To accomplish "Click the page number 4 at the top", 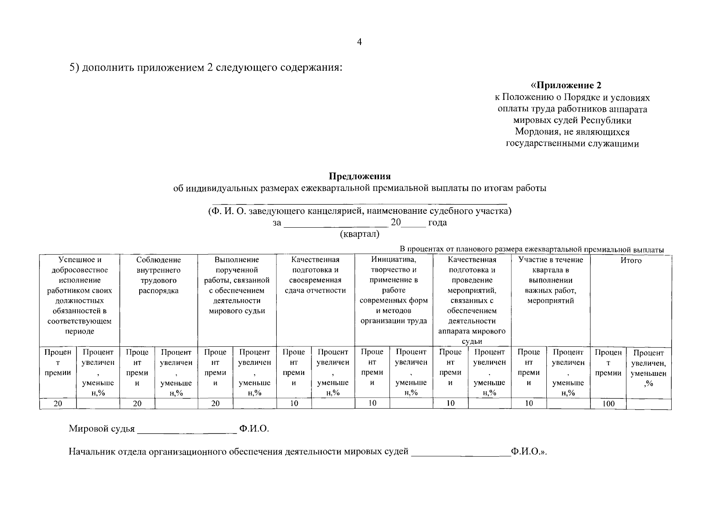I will [359, 42].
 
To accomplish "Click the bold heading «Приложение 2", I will [566, 85].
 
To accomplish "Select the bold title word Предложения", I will [360, 176].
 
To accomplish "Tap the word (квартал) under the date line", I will [360, 234].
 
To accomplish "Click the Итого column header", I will [631, 260].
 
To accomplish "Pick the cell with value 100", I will [608, 404].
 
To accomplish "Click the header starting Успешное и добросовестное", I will [79, 295].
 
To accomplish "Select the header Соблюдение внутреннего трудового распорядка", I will [159, 275].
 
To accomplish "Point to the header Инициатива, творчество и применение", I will [394, 290].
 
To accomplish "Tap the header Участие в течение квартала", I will [551, 280].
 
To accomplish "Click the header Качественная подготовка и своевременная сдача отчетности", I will [315, 275].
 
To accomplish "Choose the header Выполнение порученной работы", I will [237, 285].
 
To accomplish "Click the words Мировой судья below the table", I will [102, 429].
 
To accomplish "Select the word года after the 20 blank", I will [437, 223].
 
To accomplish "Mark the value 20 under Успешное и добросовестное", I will [58, 404].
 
